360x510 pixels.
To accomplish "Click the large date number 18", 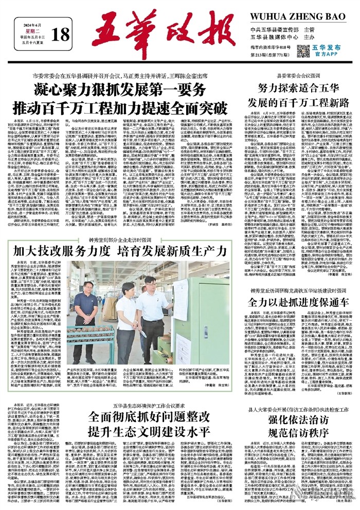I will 60,34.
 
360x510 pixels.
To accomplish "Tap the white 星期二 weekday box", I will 34,30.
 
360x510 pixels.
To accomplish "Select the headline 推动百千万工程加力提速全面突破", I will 122,109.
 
